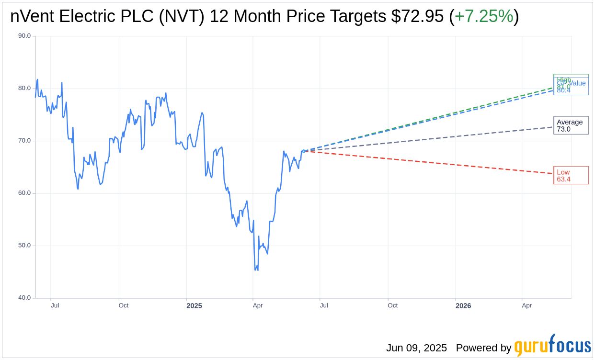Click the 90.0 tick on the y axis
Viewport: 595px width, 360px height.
[24, 36]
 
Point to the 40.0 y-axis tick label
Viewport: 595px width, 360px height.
[24, 298]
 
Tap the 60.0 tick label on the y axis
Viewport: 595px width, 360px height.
[24, 193]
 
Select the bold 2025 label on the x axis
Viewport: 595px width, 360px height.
[194, 305]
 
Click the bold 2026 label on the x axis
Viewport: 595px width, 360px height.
[463, 305]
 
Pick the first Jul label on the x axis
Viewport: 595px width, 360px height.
[55, 305]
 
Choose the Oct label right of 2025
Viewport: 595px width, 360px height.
[392, 305]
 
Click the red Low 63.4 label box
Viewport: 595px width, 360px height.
[571, 176]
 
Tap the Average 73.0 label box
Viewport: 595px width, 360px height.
[571, 125]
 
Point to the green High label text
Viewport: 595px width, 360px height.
[564, 79]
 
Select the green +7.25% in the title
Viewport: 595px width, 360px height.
[483, 16]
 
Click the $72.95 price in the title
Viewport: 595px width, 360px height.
[417, 16]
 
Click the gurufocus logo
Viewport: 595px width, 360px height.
[552, 346]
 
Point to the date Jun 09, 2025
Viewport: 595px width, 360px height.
[416, 348]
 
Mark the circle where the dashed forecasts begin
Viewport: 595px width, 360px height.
[304, 151]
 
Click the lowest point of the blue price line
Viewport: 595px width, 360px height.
[255, 270]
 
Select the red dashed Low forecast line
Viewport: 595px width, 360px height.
[431, 162]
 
